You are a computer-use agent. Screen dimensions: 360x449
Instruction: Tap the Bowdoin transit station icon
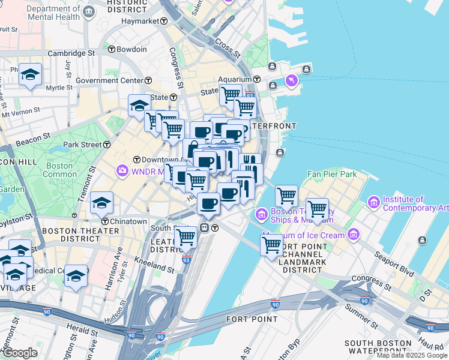click(111, 49)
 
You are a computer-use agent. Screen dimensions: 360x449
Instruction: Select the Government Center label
click(109, 80)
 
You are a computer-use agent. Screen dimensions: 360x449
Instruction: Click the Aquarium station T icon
click(256, 79)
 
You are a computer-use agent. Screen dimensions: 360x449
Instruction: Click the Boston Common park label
click(59, 170)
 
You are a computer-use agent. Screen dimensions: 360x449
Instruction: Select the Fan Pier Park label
click(331, 174)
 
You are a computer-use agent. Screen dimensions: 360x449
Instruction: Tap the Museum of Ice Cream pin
click(354, 233)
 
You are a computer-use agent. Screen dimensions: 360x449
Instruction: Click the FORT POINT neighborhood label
click(252, 319)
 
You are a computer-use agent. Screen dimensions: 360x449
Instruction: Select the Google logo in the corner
click(20, 353)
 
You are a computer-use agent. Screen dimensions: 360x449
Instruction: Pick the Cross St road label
click(228, 49)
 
